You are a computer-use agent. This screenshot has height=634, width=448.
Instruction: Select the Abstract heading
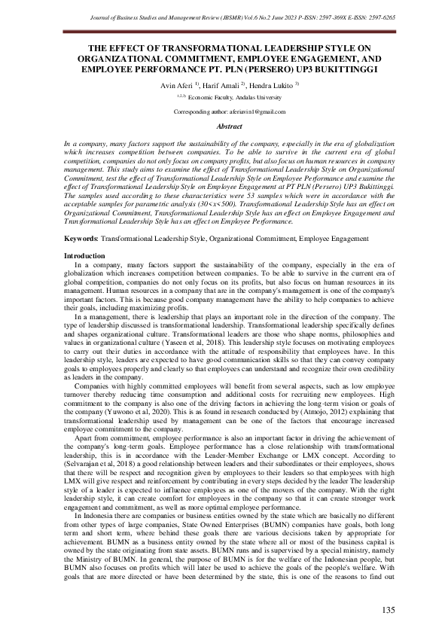click(x=224, y=127)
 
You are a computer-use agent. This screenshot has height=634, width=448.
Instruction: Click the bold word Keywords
click(x=81, y=238)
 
